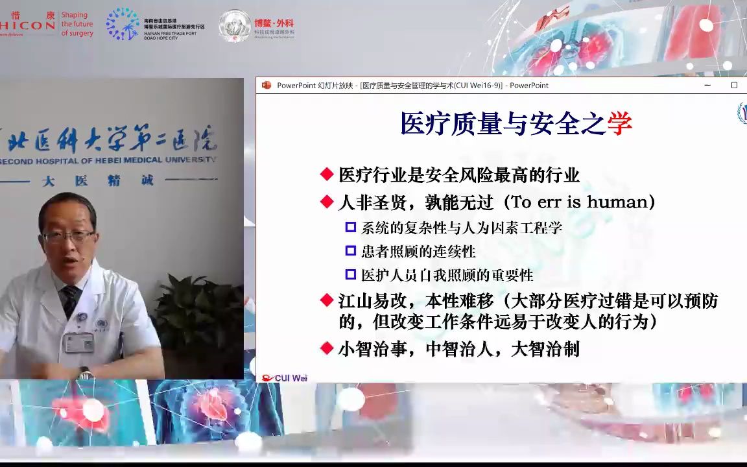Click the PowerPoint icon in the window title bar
coord(266,86)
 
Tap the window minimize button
coord(707,86)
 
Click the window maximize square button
coord(734,86)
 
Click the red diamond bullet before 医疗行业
coord(327,174)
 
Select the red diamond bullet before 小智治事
coord(327,349)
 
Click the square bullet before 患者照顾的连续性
coord(350,250)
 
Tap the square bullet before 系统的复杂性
coord(350,227)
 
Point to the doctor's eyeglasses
coord(67,236)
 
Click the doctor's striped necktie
coord(69,300)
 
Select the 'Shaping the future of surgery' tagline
coord(77,24)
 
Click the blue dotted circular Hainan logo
coord(122,25)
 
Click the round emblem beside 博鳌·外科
coord(235,26)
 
